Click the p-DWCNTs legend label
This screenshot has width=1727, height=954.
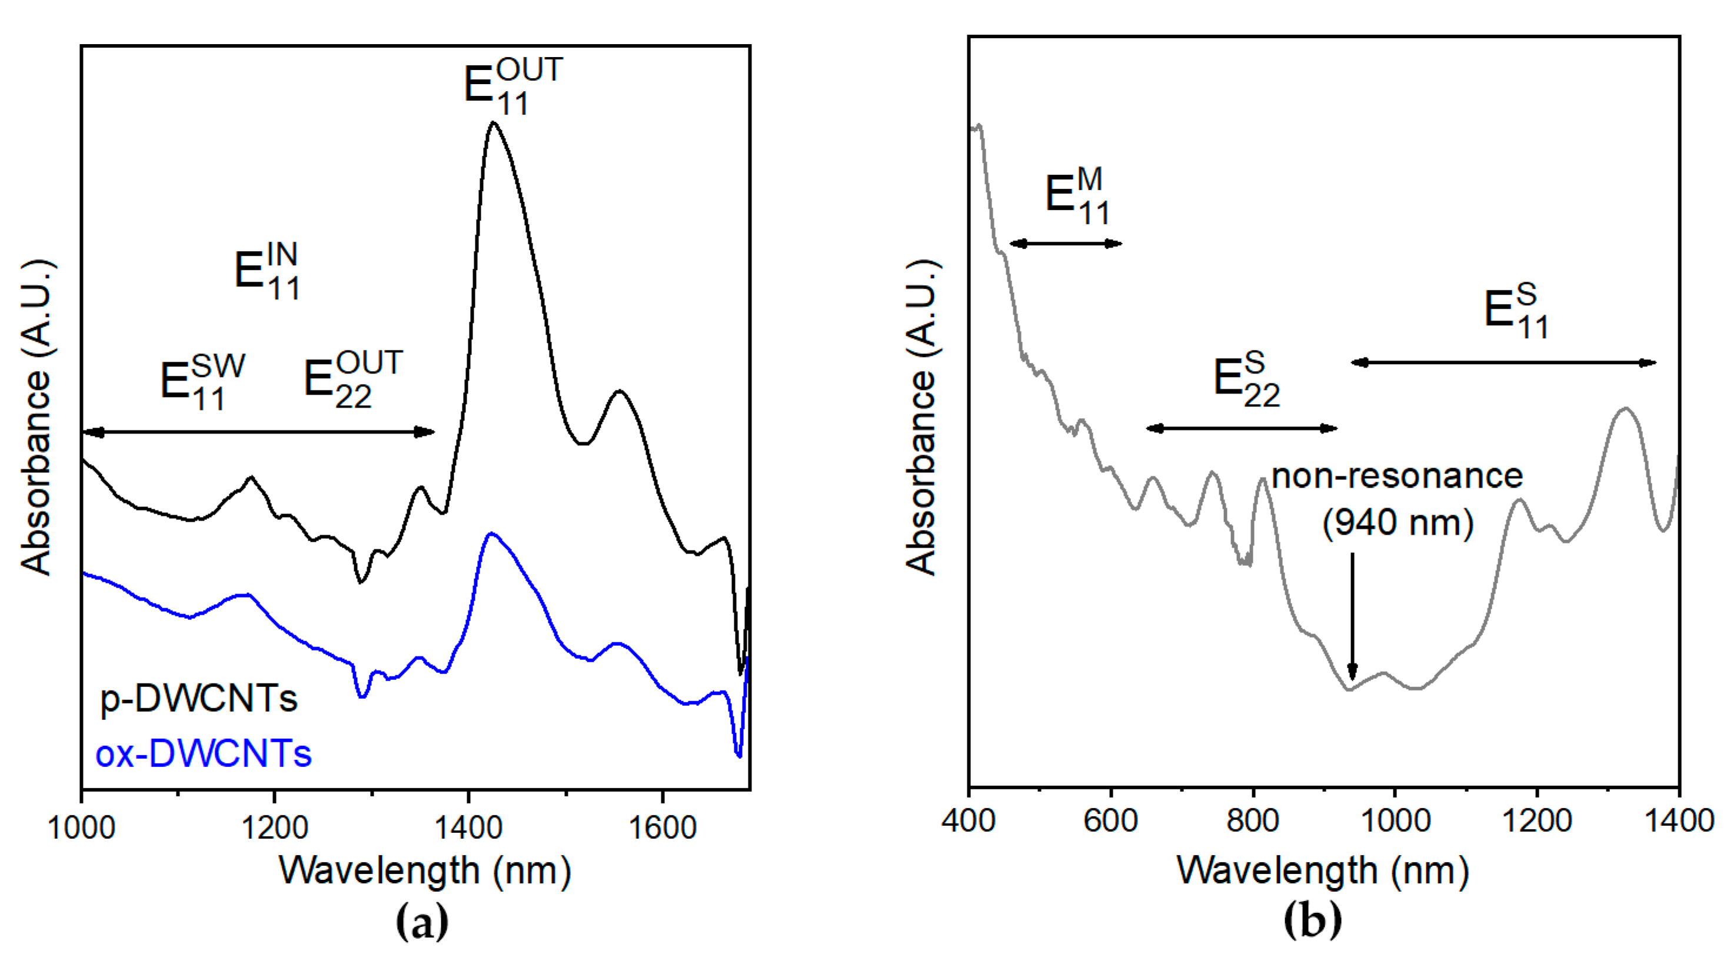[198, 699]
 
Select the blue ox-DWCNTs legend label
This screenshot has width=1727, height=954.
[203, 753]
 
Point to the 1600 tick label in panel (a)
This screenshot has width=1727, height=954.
[663, 828]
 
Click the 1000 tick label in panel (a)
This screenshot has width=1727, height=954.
[82, 828]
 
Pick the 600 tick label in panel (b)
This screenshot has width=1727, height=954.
[1111, 820]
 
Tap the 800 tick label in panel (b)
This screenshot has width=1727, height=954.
[1252, 820]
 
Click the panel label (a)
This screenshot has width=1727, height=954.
[422, 923]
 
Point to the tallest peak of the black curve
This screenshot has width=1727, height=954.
[494, 122]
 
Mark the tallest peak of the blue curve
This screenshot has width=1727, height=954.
[491, 534]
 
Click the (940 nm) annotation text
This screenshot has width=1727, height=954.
[1398, 522]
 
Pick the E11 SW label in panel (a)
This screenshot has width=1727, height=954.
[202, 381]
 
